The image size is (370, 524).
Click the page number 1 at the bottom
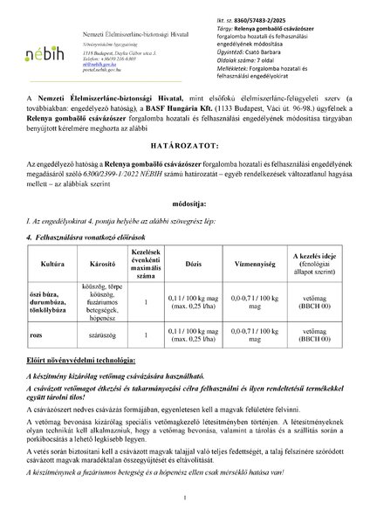point(185,499)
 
